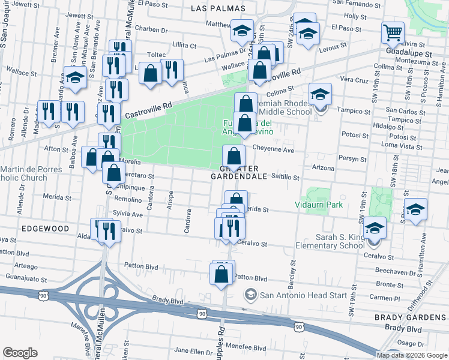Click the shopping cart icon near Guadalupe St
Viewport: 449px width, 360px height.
pos(393,32)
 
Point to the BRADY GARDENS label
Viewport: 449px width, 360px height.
pos(415,317)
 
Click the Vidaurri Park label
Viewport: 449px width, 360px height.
pos(318,205)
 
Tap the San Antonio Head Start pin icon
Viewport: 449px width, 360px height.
pos(250,294)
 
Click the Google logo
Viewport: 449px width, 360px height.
pos(20,352)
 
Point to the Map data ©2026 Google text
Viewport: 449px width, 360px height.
pos(411,355)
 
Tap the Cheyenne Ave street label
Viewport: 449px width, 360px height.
pos(273,150)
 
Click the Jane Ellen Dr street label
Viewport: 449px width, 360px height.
pos(190,351)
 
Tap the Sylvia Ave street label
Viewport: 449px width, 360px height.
pos(128,214)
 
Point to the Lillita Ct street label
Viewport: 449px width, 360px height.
pos(184,46)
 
